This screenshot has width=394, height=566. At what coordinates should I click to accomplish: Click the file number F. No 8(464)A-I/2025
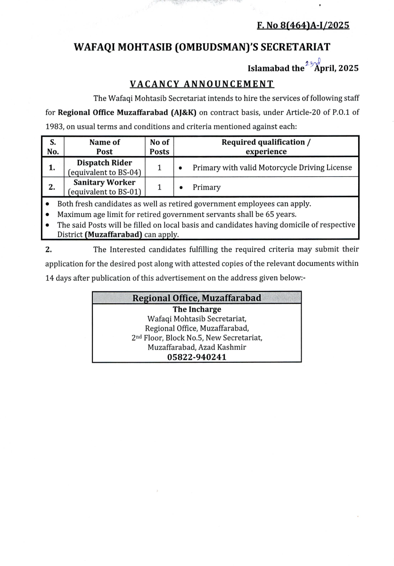pyautogui.click(x=303, y=25)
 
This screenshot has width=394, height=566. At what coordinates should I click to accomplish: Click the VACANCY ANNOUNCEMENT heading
pyautogui.click(x=202, y=84)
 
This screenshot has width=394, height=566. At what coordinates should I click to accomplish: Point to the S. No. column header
pyautogui.click(x=53, y=147)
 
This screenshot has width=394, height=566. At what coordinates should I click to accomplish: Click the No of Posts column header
pyautogui.click(x=159, y=147)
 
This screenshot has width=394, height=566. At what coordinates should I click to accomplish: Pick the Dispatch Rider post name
pyautogui.click(x=105, y=163)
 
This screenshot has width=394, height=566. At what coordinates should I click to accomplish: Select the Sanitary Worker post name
pyautogui.click(x=105, y=183)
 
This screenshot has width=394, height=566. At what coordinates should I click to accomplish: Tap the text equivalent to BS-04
pyautogui.click(x=105, y=172)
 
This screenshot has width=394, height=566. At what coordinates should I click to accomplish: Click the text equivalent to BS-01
pyautogui.click(x=105, y=191)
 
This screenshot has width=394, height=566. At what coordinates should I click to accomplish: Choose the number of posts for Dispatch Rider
pyautogui.click(x=159, y=167)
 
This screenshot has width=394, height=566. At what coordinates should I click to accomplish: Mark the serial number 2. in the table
pyautogui.click(x=53, y=187)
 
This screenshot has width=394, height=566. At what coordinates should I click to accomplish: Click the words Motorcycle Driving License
pyautogui.click(x=305, y=167)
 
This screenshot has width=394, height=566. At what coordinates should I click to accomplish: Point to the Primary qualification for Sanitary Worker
pyautogui.click(x=206, y=187)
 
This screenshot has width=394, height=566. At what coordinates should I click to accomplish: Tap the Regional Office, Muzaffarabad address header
pyautogui.click(x=197, y=298)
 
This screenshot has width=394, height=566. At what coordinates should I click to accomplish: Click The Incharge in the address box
pyautogui.click(x=197, y=309)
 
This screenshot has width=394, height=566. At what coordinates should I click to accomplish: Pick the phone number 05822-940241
pyautogui.click(x=197, y=357)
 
